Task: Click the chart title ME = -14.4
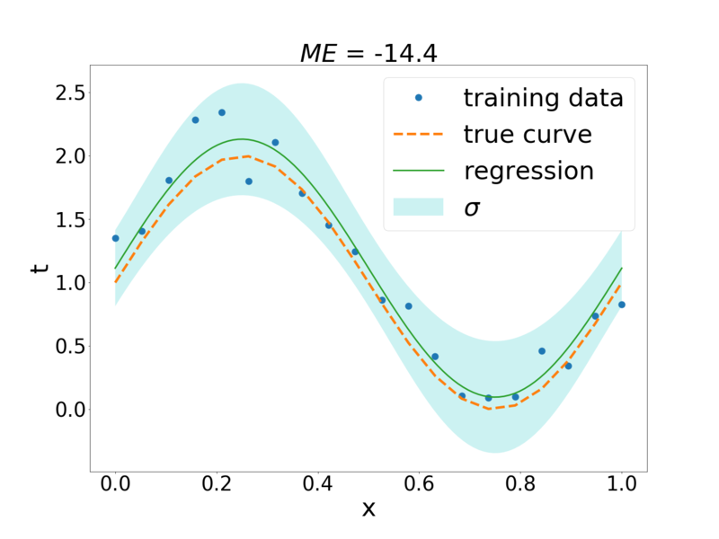click(368, 53)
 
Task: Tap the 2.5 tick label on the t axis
click(70, 93)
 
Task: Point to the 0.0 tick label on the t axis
click(70, 410)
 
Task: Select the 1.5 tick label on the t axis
click(70, 220)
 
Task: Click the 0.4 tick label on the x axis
click(317, 483)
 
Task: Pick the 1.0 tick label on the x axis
click(622, 483)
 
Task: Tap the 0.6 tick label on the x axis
click(419, 483)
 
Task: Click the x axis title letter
click(368, 508)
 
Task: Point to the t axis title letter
click(40, 268)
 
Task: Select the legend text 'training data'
click(544, 98)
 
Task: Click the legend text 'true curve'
click(528, 134)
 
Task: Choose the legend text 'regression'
click(528, 171)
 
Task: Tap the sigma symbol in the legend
click(473, 208)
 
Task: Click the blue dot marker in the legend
click(418, 98)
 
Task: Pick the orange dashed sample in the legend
click(418, 134)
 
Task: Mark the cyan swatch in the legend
click(418, 207)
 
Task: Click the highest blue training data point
click(222, 112)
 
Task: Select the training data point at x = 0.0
click(116, 238)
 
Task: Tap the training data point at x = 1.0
click(622, 305)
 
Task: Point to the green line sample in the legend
click(418, 171)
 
